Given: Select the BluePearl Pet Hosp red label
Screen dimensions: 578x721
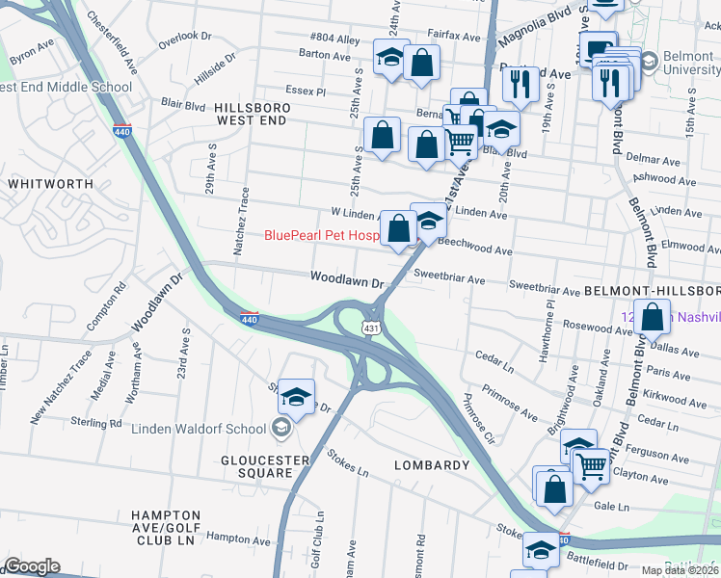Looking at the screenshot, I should pos(322,235).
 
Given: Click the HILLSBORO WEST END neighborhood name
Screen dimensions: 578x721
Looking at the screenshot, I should pos(250,114).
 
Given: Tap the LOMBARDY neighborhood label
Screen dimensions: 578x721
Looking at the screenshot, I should pos(431,465).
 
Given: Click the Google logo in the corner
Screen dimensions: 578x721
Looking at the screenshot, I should pos(32,566).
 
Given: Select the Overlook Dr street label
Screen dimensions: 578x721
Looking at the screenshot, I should pos(184,36).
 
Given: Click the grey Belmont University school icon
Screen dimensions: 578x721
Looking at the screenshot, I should pos(650,62).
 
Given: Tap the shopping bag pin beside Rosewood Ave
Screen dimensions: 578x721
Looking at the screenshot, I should pos(653,317).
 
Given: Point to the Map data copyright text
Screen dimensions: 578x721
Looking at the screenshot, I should pos(680,570).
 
